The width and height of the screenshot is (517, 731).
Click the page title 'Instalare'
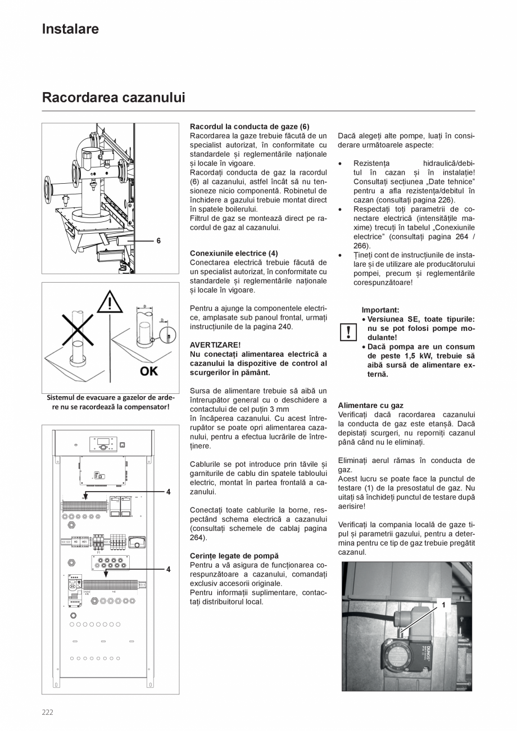click(x=70, y=29)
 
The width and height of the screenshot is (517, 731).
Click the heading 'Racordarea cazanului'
click(x=114, y=98)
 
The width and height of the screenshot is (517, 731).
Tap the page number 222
click(x=47, y=712)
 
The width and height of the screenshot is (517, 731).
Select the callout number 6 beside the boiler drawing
click(x=158, y=240)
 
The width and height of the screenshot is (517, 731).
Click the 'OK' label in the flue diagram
click(x=149, y=371)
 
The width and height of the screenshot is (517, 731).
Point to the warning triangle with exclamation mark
click(x=110, y=303)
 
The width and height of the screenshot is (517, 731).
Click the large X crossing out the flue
click(x=77, y=328)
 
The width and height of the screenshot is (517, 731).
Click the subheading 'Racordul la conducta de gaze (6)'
click(x=250, y=127)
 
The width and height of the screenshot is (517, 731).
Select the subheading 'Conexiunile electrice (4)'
click(x=234, y=253)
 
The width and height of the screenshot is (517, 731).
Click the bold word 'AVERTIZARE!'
click(x=215, y=345)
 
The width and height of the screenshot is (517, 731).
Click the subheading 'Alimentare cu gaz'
click(x=370, y=405)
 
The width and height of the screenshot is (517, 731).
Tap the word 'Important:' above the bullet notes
click(x=380, y=310)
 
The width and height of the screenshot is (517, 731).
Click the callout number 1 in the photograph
click(x=443, y=605)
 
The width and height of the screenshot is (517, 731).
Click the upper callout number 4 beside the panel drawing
click(x=168, y=492)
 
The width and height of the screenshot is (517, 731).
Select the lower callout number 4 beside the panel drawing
click(x=168, y=569)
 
